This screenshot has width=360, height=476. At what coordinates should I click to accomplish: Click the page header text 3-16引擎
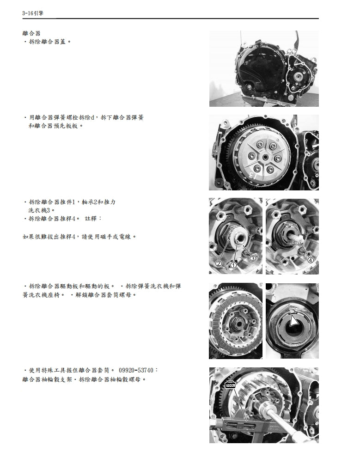tap(33, 13)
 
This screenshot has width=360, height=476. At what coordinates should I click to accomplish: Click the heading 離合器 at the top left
tap(31, 34)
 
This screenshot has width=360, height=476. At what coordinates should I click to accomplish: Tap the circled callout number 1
tap(233, 265)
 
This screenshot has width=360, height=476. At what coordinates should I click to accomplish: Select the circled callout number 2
tap(219, 263)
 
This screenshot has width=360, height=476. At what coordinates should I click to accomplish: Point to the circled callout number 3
tap(252, 258)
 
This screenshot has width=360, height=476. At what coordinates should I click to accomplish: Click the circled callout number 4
tap(310, 260)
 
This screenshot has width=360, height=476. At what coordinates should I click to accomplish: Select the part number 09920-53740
tap(138, 371)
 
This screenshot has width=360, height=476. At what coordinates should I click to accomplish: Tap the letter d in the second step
tap(92, 118)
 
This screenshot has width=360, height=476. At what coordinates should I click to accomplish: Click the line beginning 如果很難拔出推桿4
tap(79, 237)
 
